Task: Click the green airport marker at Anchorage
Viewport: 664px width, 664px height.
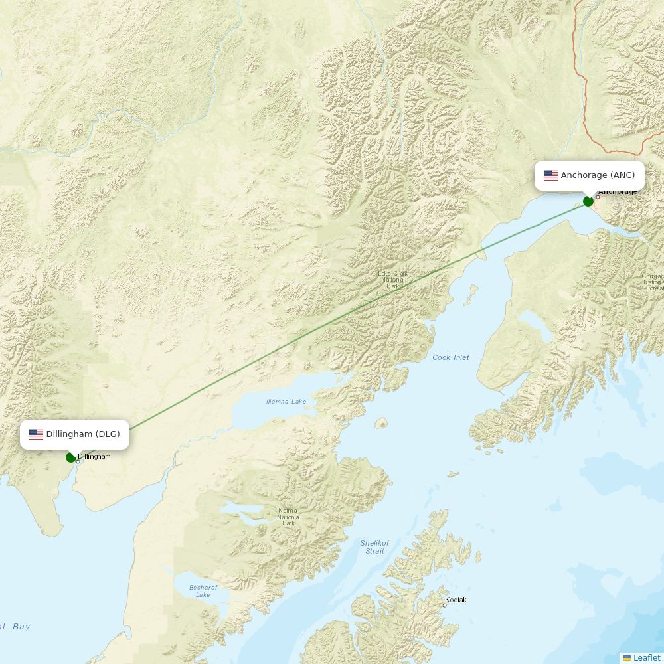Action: (x=588, y=201)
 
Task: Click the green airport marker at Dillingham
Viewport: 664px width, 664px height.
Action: (x=70, y=457)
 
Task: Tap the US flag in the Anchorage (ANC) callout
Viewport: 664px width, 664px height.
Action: (x=550, y=175)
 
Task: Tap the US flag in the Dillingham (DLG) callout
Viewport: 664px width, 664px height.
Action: (x=36, y=434)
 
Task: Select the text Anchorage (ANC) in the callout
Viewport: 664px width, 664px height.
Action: (x=598, y=175)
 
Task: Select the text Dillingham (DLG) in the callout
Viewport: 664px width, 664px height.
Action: (x=83, y=434)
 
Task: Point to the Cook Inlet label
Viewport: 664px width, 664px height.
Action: (x=451, y=357)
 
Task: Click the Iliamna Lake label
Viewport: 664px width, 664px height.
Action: (x=286, y=402)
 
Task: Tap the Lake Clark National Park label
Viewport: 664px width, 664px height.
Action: (x=393, y=280)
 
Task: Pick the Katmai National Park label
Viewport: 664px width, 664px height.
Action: (x=288, y=517)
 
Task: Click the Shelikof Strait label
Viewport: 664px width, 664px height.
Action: (x=374, y=547)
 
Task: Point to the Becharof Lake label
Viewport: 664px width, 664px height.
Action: (x=203, y=591)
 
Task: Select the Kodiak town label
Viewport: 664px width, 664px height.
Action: (x=456, y=600)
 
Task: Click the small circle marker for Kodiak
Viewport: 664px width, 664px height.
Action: (x=445, y=605)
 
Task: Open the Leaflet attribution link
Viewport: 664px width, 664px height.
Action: (x=647, y=658)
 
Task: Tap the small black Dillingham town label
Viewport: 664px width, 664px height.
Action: (x=94, y=457)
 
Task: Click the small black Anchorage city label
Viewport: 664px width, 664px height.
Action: (x=618, y=192)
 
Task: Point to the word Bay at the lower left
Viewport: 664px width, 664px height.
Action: (x=21, y=626)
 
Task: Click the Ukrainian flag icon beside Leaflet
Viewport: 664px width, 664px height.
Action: (x=627, y=658)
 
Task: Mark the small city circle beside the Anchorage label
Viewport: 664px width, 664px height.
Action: (x=598, y=197)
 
